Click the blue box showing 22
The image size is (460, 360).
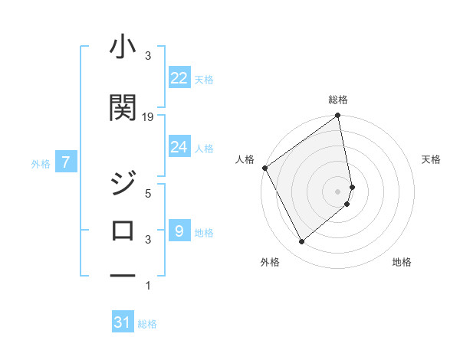point(179,78)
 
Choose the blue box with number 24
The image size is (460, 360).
point(179,147)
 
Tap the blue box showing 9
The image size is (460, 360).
point(179,231)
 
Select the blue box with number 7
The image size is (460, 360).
point(67,162)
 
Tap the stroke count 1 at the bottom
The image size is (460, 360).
point(148,286)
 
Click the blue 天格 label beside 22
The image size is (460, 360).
point(203,79)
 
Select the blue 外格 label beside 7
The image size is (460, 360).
point(41,163)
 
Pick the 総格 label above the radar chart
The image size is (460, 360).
point(338,100)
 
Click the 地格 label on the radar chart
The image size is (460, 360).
point(402,262)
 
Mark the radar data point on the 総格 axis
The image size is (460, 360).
point(338,116)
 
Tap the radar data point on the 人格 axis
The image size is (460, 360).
point(264,168)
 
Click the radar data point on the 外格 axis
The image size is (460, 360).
point(301,241)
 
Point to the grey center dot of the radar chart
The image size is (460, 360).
point(338,191)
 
